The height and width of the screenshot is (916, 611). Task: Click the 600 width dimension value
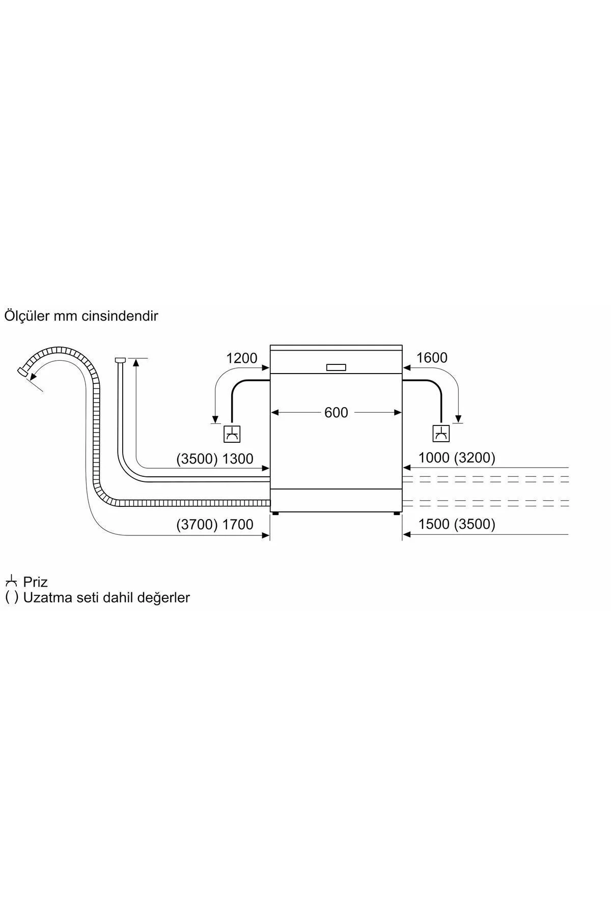click(x=336, y=412)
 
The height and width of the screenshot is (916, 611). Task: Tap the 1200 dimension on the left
click(x=242, y=358)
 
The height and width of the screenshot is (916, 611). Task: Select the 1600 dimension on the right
click(x=432, y=358)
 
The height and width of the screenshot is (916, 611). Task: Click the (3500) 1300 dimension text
click(x=215, y=459)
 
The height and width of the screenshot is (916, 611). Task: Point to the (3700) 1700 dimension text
click(x=215, y=524)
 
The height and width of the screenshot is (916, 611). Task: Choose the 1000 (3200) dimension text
click(x=457, y=458)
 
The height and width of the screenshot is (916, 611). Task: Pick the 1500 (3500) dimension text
click(x=457, y=524)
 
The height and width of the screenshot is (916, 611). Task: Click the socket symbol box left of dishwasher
click(x=232, y=434)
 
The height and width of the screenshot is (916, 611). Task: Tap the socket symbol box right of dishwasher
click(x=441, y=434)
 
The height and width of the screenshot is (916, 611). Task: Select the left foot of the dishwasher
click(x=275, y=514)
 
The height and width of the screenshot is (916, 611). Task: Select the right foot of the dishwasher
click(x=396, y=514)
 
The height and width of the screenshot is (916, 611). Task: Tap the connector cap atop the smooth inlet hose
click(x=120, y=360)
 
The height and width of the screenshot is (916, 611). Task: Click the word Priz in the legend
click(x=35, y=582)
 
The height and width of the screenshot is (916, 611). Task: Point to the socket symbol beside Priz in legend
click(x=11, y=581)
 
